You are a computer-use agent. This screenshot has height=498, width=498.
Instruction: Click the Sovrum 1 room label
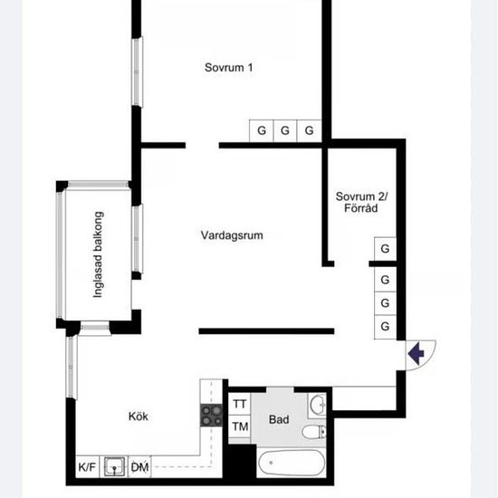tap(228, 67)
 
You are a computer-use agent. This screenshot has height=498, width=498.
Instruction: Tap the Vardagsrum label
tap(232, 235)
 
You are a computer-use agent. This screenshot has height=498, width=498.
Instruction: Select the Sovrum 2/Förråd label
tap(361, 202)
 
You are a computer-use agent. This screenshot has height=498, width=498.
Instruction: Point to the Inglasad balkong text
tap(98, 254)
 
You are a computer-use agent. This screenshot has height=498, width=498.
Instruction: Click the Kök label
tap(139, 417)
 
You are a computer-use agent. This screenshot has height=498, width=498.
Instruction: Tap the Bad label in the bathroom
tap(279, 419)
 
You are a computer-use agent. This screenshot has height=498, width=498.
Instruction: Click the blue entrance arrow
tap(417, 353)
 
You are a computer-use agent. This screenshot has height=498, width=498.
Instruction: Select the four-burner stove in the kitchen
tap(212, 415)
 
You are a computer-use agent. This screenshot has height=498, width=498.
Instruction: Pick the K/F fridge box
tap(87, 467)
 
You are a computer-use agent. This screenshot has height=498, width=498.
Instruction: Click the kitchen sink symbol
tap(114, 467)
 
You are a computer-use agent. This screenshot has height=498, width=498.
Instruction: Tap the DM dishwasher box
tap(139, 467)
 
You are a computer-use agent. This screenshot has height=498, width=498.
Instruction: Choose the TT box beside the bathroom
tap(239, 404)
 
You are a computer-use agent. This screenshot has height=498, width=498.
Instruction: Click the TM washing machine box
tap(239, 426)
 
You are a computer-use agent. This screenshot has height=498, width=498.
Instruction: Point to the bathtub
tap(292, 463)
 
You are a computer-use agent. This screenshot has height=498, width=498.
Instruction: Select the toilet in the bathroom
tap(314, 432)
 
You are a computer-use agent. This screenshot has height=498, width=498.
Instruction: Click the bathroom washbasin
tap(318, 406)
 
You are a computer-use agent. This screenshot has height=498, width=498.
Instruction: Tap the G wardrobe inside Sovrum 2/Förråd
tap(385, 249)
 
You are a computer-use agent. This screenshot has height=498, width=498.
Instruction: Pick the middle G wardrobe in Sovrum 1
tap(285, 130)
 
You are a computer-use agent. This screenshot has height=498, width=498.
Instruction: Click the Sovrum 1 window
tap(138, 72)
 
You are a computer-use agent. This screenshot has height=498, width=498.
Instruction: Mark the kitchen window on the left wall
tap(72, 367)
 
